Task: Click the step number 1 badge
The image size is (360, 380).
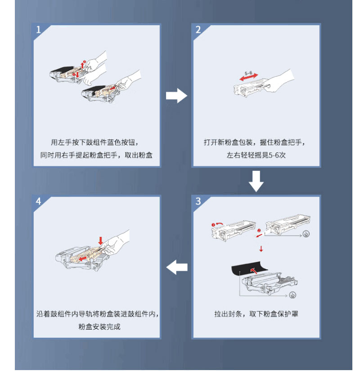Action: pyautogui.click(x=39, y=30)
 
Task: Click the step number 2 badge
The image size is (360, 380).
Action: pyautogui.click(x=198, y=30)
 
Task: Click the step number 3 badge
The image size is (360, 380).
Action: pyautogui.click(x=198, y=201)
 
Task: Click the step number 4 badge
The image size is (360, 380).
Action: pyautogui.click(x=39, y=201)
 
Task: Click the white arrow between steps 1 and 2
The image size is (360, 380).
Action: pyautogui.click(x=176, y=96)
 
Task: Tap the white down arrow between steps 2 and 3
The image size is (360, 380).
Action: pyautogui.click(x=256, y=181)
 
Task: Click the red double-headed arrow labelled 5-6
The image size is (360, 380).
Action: pyautogui.click(x=249, y=77)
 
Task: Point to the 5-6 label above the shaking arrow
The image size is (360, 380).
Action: pyautogui.click(x=248, y=73)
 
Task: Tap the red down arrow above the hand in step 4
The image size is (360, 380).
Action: pyautogui.click(x=100, y=241)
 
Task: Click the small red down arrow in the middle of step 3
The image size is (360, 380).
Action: pyautogui.click(x=261, y=249)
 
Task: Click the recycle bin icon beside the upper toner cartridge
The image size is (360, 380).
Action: pyautogui.click(x=306, y=234)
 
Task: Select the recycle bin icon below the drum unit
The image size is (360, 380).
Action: pyautogui.click(x=293, y=295)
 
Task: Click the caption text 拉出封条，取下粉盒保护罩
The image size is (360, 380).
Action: pyautogui.click(x=256, y=314)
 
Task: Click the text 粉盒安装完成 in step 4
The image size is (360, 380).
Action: pyautogui.click(x=99, y=326)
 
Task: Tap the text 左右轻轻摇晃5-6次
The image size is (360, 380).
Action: pyautogui.click(x=256, y=155)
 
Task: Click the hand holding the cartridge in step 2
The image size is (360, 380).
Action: pyautogui.click(x=279, y=81)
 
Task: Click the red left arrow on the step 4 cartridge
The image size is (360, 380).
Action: pyautogui.click(x=83, y=259)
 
